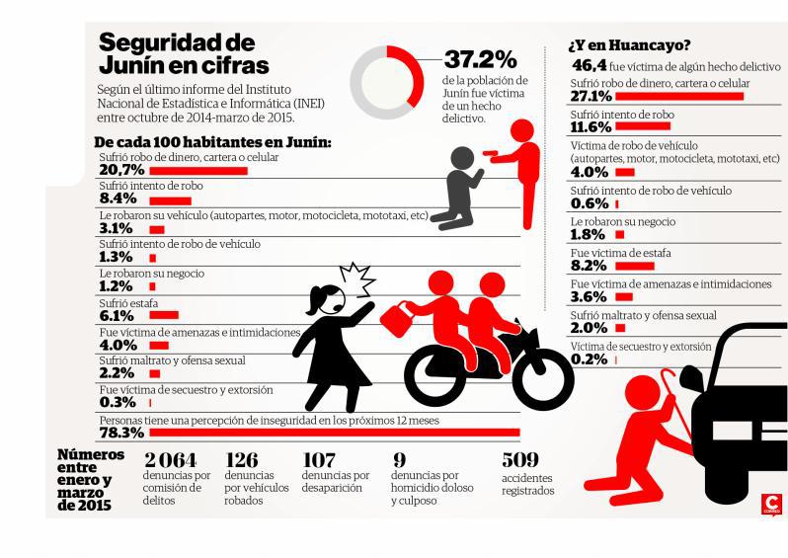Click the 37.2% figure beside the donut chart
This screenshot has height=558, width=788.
coord(480,59)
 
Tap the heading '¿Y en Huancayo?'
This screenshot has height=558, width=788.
coord(628,45)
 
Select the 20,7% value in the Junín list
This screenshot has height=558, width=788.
coord(121,171)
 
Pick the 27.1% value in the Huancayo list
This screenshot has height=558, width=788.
coord(592,97)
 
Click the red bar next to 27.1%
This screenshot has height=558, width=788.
coord(680,97)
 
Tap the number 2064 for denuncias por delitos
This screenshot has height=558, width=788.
coord(171,460)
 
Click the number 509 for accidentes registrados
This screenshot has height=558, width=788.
coord(519,460)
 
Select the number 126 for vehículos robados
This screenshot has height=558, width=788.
coord(242,460)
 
